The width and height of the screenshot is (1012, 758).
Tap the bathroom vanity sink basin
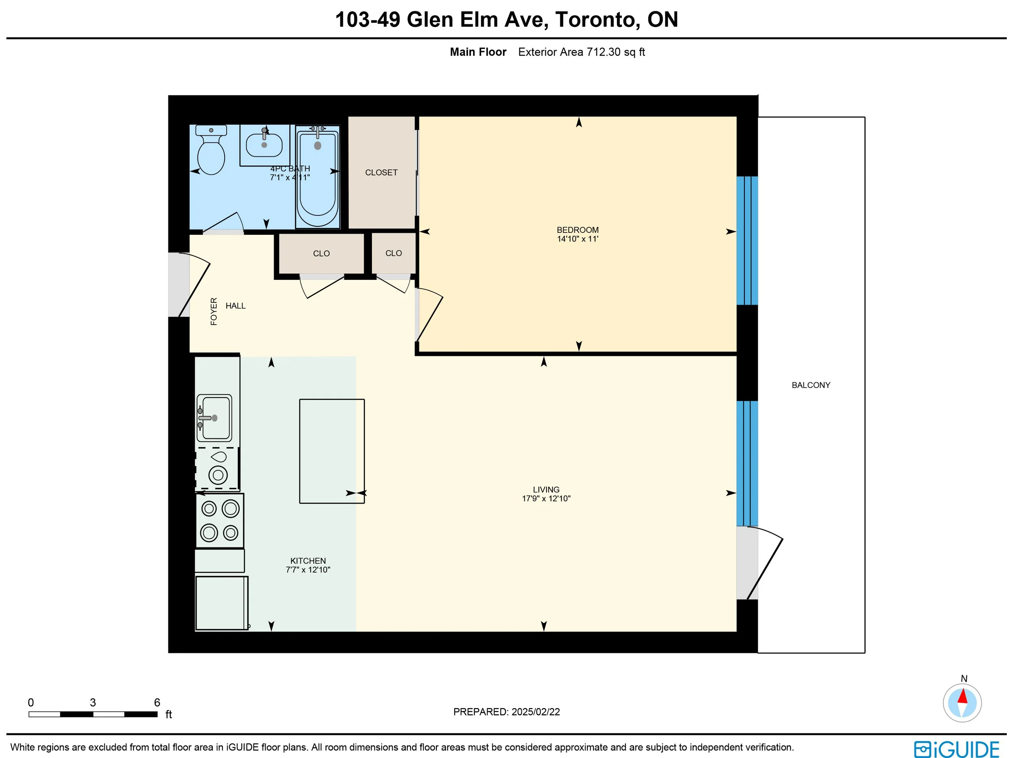click(264, 145)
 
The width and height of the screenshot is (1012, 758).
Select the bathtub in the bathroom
click(317, 177)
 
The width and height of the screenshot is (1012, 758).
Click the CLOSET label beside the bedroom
click(381, 172)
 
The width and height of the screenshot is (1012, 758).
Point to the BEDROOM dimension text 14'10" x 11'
click(577, 239)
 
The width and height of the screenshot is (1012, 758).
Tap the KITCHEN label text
click(308, 561)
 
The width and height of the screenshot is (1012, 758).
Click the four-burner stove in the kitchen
click(219, 520)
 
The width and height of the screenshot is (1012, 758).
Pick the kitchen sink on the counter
click(214, 417)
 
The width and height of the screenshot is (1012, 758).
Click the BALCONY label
click(811, 385)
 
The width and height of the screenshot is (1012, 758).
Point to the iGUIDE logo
click(957, 749)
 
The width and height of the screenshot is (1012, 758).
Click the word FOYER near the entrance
click(214, 312)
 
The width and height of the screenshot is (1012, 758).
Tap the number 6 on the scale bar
click(157, 702)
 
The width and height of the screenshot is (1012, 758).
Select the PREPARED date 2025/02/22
click(535, 712)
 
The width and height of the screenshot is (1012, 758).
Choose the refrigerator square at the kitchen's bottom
click(222, 603)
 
